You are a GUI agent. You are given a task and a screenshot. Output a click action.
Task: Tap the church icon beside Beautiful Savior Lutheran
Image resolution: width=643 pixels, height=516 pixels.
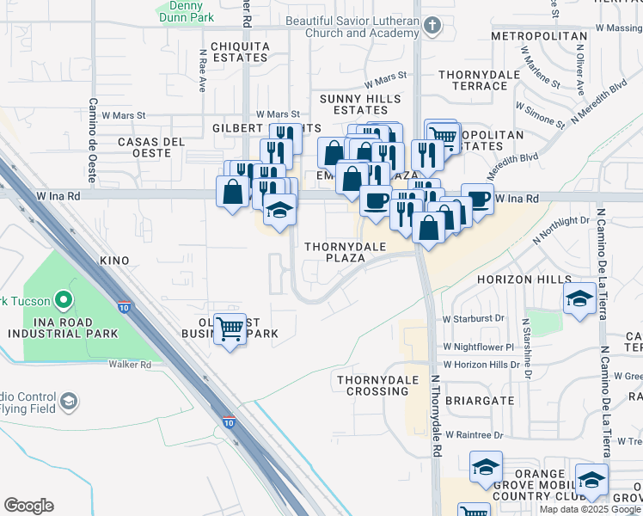(432, 26)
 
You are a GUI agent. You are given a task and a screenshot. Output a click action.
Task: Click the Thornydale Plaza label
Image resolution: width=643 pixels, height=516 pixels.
(346, 253)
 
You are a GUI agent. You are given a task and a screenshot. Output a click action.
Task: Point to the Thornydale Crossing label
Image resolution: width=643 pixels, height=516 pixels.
(372, 385)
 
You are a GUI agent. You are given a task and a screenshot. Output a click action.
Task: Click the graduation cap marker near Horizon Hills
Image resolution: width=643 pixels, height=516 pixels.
(580, 298)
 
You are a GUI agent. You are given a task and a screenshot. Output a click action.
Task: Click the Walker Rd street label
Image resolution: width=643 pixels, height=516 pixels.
(130, 365)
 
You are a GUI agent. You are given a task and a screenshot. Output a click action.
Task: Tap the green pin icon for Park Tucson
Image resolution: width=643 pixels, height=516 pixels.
(62, 300)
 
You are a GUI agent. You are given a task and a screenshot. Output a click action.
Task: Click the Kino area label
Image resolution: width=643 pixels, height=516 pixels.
(114, 261)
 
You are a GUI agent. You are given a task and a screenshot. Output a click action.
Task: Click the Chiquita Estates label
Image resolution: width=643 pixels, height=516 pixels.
(234, 51)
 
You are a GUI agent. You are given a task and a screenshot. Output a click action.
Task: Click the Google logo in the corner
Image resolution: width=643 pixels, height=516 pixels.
(28, 506)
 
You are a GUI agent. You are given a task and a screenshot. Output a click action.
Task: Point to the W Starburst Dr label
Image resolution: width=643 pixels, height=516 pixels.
(474, 318)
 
